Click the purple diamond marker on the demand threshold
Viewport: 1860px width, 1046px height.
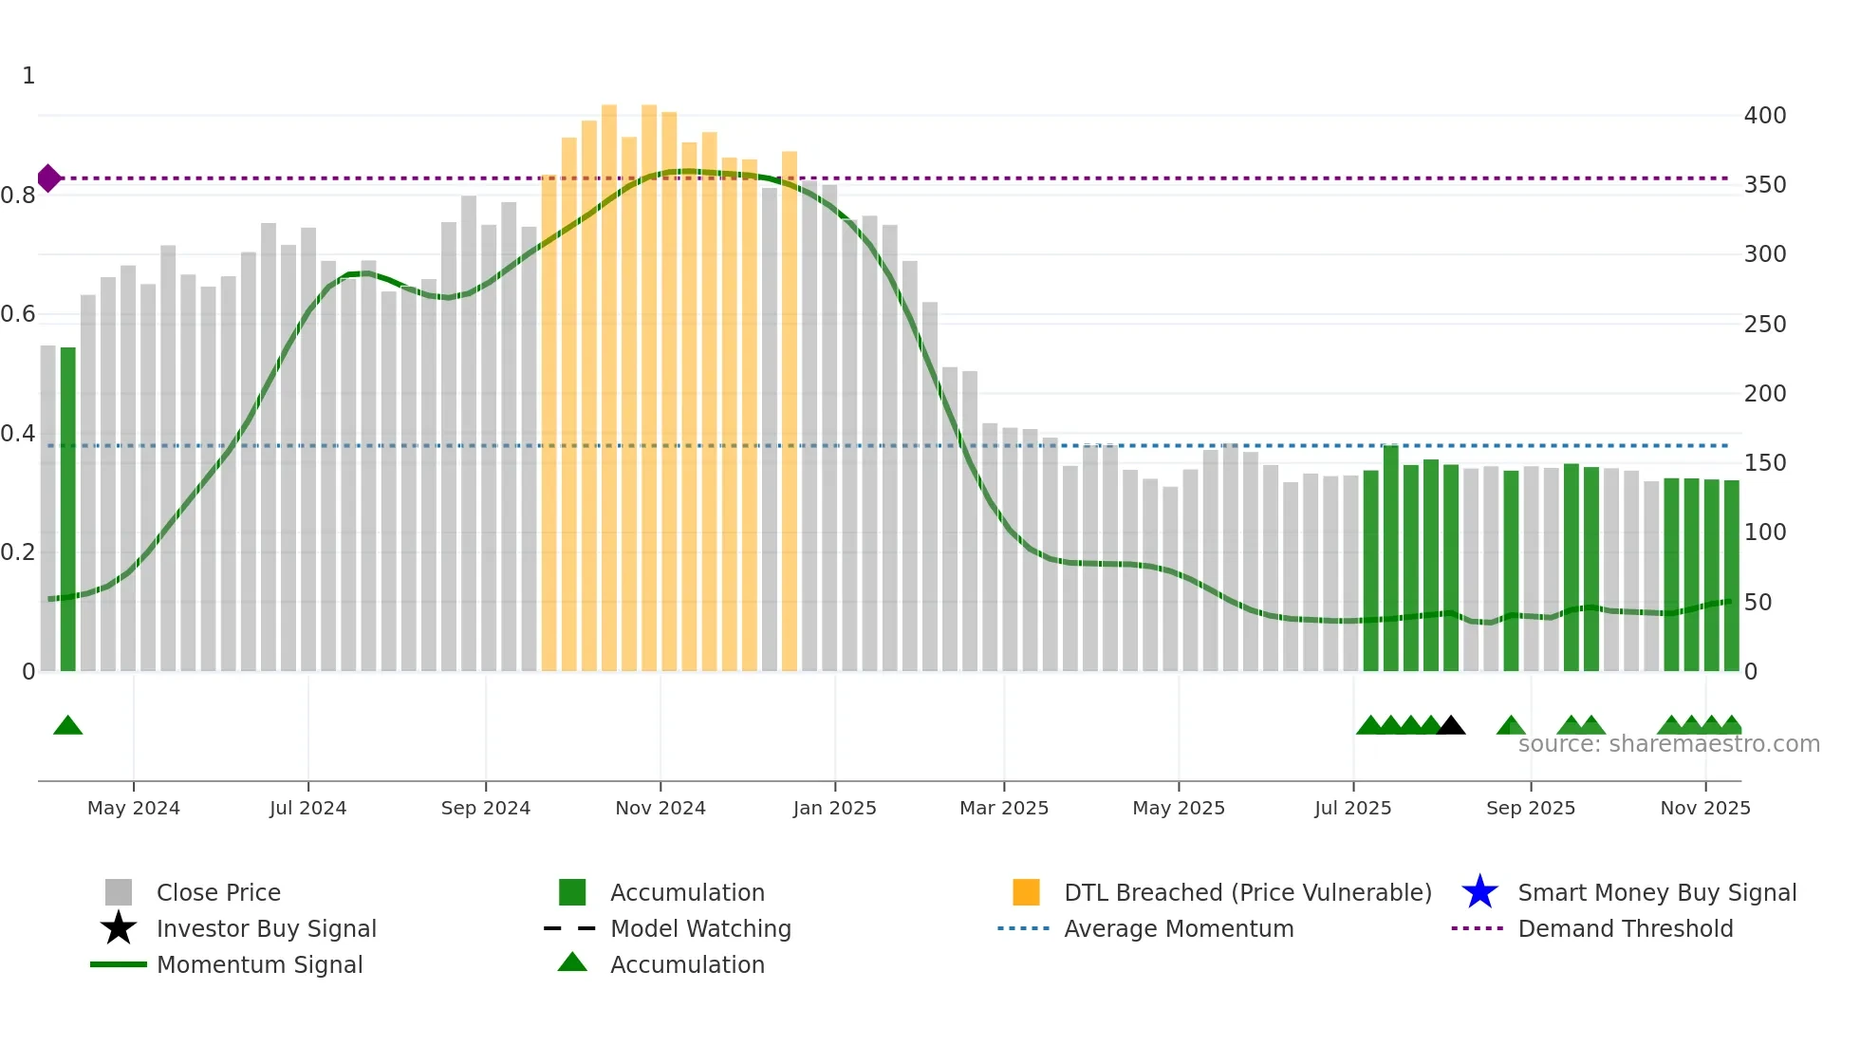pyautogui.click(x=49, y=177)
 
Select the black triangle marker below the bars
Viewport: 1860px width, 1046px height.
pyautogui.click(x=1450, y=726)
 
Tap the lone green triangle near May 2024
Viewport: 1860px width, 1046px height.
pyautogui.click(x=67, y=726)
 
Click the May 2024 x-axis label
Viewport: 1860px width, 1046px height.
pyautogui.click(x=133, y=808)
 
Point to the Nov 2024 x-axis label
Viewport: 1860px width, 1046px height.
pyautogui.click(x=660, y=808)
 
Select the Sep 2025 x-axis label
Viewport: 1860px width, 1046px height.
pyautogui.click(x=1530, y=808)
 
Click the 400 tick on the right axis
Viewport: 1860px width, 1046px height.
pyautogui.click(x=1764, y=116)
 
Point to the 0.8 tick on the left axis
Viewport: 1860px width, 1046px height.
pyautogui.click(x=18, y=196)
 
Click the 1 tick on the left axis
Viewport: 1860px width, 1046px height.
pyautogui.click(x=28, y=76)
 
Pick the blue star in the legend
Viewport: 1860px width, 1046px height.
pyautogui.click(x=1479, y=892)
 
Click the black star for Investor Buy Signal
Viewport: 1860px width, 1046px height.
pyautogui.click(x=119, y=928)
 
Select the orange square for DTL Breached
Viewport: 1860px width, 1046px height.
pyautogui.click(x=1026, y=892)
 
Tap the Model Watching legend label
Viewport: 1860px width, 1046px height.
pyautogui.click(x=700, y=928)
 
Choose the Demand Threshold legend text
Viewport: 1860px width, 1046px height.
pyautogui.click(x=1625, y=928)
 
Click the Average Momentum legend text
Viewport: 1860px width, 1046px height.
pyautogui.click(x=1179, y=928)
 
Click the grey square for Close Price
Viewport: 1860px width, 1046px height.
pyautogui.click(x=119, y=892)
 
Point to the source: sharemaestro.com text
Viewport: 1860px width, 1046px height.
pyautogui.click(x=1668, y=744)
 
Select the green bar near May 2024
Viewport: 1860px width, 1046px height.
pyautogui.click(x=68, y=509)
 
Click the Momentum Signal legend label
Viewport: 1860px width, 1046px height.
pyautogui.click(x=259, y=964)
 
